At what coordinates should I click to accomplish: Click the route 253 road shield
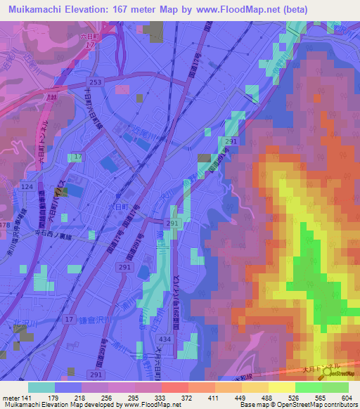[97, 82]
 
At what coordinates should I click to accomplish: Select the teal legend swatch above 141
[41, 387]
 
